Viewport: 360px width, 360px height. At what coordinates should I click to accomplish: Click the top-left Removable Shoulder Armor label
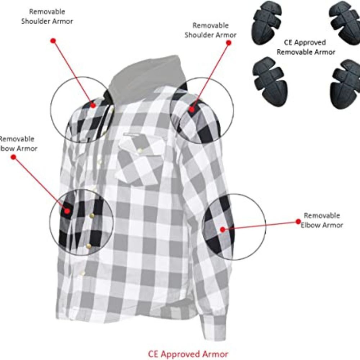pyautogui.click(x=47, y=17)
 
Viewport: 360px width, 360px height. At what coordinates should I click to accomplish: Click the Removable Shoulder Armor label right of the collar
pyautogui.click(x=210, y=30)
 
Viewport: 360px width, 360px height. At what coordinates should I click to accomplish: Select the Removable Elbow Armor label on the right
pyautogui.click(x=321, y=220)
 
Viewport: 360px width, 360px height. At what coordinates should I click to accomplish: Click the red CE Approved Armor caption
pyautogui.click(x=188, y=353)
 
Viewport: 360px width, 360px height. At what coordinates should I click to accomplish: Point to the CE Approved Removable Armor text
pyautogui.click(x=306, y=47)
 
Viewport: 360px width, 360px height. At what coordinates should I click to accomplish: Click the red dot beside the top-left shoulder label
pyautogui.click(x=53, y=40)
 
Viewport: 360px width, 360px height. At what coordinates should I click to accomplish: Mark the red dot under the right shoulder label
pyautogui.click(x=228, y=42)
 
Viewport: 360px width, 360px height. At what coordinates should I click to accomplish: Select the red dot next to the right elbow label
pyautogui.click(x=298, y=222)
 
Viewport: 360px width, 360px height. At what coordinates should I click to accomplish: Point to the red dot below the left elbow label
pyautogui.click(x=14, y=157)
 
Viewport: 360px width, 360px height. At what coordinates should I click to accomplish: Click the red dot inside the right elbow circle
pyautogui.click(x=222, y=229)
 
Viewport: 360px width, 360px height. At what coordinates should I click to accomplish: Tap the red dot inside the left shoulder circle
pyautogui.click(x=93, y=105)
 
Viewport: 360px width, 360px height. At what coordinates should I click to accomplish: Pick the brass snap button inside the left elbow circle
pyautogui.click(x=91, y=215)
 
